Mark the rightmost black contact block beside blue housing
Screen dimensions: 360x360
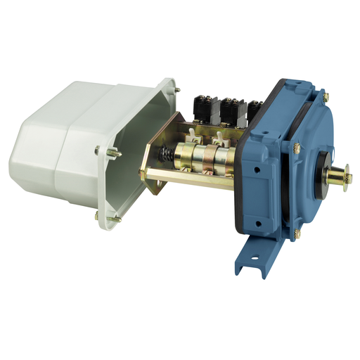252,111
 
